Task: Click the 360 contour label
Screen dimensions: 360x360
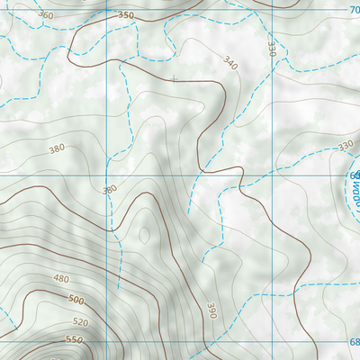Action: [x=46, y=15]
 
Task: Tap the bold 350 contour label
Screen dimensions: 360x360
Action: [x=125, y=15]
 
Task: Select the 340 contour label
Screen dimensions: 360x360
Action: [x=229, y=64]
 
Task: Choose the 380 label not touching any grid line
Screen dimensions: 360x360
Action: [x=58, y=148]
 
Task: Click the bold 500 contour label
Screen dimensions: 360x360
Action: [x=76, y=300]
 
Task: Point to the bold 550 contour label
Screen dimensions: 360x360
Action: [x=73, y=340]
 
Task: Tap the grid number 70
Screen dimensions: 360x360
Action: [x=353, y=8]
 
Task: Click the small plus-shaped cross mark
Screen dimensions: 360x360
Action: [x=174, y=79]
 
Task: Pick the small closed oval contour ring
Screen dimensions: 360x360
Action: [x=144, y=235]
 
